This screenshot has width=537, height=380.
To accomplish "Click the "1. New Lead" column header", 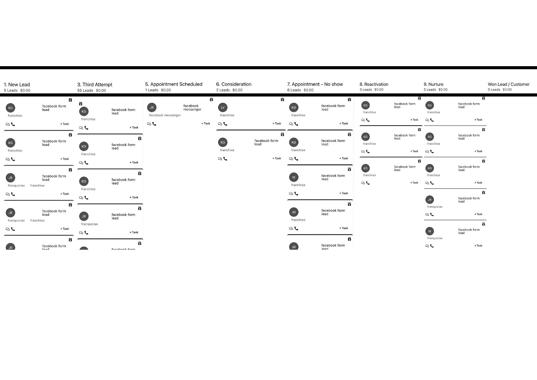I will (x=17, y=85).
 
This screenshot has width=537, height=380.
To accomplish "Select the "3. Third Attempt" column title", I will (x=95, y=85).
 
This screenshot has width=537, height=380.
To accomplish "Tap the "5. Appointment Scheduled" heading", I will (x=174, y=84).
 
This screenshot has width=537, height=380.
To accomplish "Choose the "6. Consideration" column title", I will (x=234, y=84).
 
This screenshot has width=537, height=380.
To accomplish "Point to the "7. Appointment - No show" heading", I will (x=315, y=84).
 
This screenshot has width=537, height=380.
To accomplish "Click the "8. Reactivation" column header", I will (x=374, y=84).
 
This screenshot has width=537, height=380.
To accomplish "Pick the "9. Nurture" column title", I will (x=433, y=84).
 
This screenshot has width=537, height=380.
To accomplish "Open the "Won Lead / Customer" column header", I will (x=508, y=84).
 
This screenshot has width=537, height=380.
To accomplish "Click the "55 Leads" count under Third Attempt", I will (x=85, y=90).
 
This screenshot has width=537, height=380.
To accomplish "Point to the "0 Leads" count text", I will (x=494, y=90).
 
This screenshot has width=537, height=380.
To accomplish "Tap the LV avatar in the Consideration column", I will (x=223, y=108).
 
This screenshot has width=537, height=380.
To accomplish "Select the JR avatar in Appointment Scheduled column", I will (x=152, y=108).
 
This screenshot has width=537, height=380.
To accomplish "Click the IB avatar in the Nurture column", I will (x=430, y=231).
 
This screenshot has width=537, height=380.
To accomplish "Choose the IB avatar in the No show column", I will (x=294, y=177).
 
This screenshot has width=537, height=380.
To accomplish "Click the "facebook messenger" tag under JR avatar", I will (x=165, y=115).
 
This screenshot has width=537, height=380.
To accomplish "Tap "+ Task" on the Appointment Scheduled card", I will (x=206, y=124).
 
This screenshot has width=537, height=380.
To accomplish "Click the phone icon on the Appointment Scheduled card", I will (x=154, y=124).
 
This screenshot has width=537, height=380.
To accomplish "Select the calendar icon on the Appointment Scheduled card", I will (x=211, y=99).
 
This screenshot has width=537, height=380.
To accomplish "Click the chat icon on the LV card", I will (x=220, y=124).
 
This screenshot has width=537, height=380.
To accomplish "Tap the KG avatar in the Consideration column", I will (x=223, y=142).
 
